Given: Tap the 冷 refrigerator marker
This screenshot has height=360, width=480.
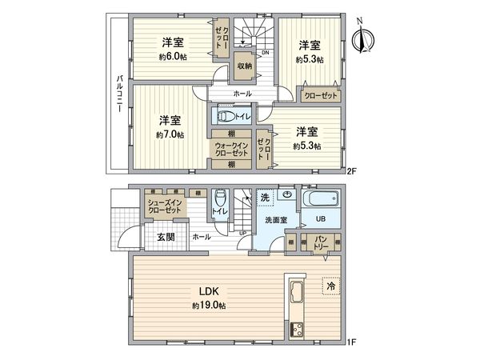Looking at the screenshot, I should click(329, 284).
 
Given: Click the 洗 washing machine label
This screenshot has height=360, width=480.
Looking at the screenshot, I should click(265, 197).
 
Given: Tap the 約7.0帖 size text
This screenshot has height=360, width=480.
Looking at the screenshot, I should click(170, 135).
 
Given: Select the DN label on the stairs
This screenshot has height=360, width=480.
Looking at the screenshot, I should click(265, 54).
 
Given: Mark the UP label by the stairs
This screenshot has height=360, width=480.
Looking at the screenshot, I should click(242, 234).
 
